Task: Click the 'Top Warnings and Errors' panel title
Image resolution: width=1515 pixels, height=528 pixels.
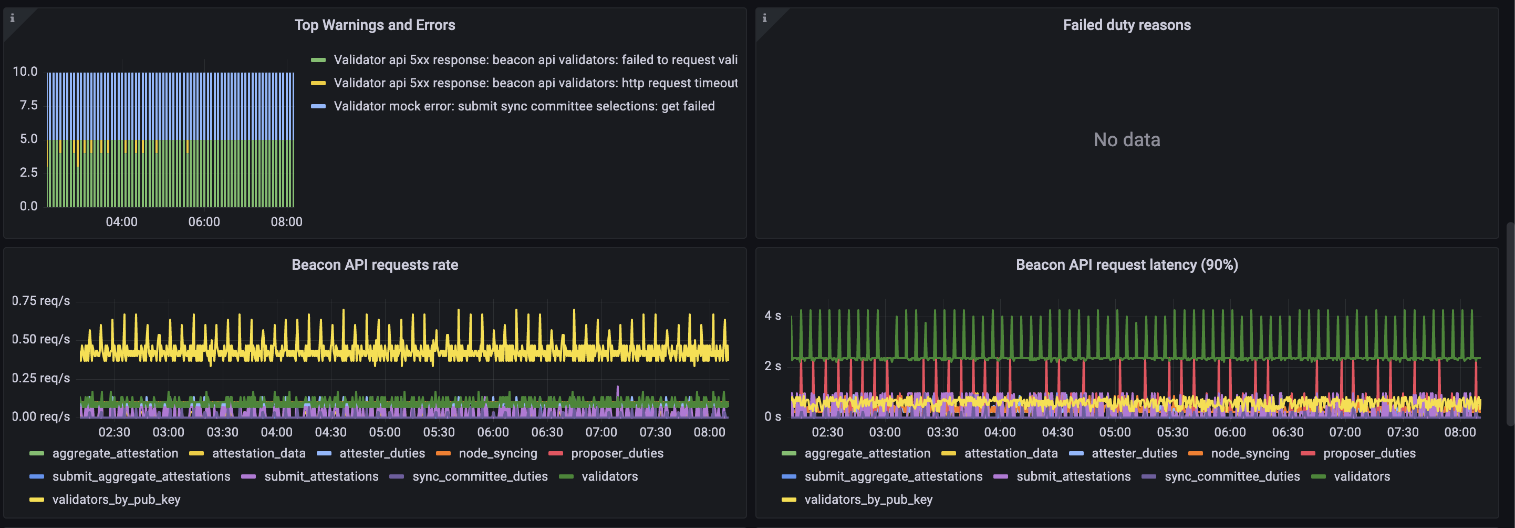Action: pyautogui.click(x=375, y=25)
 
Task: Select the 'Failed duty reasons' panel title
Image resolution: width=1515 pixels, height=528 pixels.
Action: pyautogui.click(x=1126, y=25)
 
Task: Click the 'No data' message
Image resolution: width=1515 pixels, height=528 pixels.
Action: pyautogui.click(x=1126, y=139)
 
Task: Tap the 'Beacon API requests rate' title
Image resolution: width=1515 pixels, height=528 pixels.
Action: pyautogui.click(x=375, y=265)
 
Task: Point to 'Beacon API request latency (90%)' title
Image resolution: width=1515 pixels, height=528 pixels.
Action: pyautogui.click(x=1126, y=265)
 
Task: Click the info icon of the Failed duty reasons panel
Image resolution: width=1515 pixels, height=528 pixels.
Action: pyautogui.click(x=764, y=18)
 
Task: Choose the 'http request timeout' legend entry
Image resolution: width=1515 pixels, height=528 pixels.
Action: pyautogui.click(x=535, y=83)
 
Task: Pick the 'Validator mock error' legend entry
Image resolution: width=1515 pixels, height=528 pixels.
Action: pyautogui.click(x=523, y=106)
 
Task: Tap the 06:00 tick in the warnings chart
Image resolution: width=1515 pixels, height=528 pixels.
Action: pyautogui.click(x=204, y=222)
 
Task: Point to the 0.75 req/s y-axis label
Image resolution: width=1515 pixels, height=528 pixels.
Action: pyautogui.click(x=40, y=301)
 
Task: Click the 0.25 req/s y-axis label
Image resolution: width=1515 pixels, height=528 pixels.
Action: pyautogui.click(x=40, y=378)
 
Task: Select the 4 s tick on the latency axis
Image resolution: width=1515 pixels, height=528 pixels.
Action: pyautogui.click(x=772, y=316)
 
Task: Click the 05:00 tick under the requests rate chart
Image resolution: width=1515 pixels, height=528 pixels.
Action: pyautogui.click(x=385, y=432)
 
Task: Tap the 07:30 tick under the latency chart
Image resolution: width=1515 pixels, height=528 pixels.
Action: pyautogui.click(x=1402, y=432)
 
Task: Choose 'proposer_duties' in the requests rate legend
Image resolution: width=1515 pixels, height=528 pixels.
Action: pyautogui.click(x=616, y=453)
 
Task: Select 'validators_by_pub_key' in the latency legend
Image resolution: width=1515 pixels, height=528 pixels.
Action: pyautogui.click(x=867, y=500)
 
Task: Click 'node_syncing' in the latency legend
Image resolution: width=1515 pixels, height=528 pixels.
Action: pyautogui.click(x=1249, y=453)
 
